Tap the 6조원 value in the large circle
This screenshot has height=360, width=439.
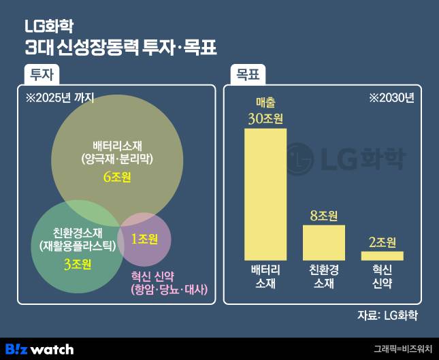117,177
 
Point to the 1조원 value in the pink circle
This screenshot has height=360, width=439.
144,239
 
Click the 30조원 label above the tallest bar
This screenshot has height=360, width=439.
265,118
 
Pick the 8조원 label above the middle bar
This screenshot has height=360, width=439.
323,216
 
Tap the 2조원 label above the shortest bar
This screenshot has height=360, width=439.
382,242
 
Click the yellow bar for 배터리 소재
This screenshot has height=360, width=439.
265,194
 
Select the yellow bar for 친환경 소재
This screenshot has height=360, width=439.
323,242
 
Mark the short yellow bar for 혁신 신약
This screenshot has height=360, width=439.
382,255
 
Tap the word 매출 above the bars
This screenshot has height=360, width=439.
265,102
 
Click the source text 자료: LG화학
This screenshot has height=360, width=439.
387,315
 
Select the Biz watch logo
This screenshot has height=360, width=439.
39,348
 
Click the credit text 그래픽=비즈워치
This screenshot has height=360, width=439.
403,349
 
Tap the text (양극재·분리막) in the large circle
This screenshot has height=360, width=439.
117,158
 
